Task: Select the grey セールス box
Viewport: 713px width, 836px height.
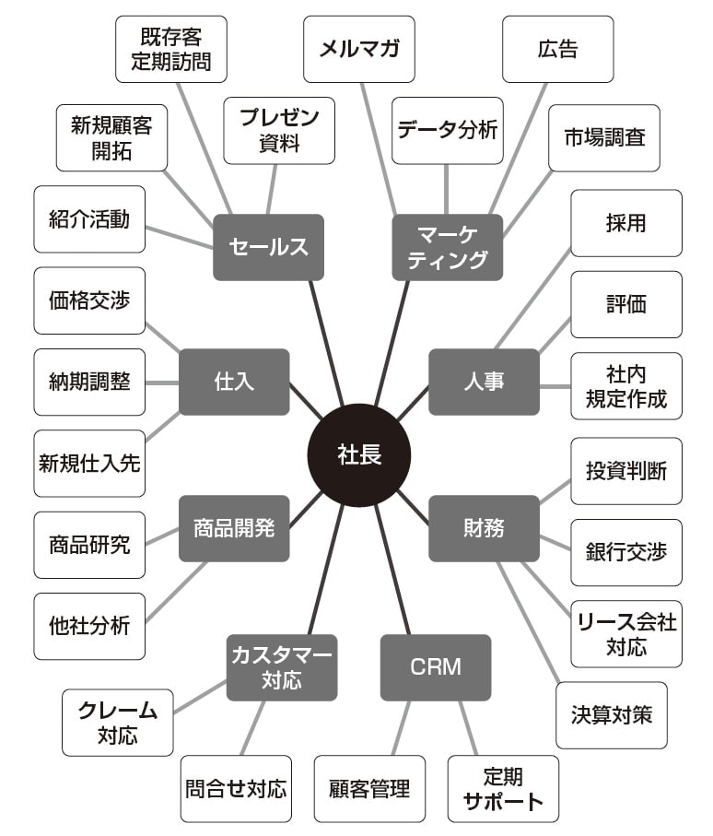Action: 268,247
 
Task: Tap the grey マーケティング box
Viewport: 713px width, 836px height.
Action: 448,247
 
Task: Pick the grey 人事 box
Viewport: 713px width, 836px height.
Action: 484,382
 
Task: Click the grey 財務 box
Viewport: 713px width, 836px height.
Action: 484,528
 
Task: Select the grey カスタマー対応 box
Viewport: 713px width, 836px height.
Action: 282,667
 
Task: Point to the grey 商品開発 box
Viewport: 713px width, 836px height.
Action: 234,528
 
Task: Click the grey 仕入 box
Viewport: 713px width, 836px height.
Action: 234,382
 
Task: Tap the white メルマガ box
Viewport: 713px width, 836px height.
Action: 359,49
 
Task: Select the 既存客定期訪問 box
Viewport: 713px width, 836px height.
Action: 171,49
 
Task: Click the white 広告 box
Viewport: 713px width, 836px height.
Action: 557,49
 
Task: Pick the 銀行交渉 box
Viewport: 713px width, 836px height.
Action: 626,552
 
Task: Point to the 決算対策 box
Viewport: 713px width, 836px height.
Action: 612,714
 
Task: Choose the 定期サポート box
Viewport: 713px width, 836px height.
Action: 503,788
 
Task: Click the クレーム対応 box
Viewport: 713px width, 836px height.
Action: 117,722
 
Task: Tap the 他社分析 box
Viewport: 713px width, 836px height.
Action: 89,626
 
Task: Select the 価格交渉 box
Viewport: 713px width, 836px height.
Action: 89,300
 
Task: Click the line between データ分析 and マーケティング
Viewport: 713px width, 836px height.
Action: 447,189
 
